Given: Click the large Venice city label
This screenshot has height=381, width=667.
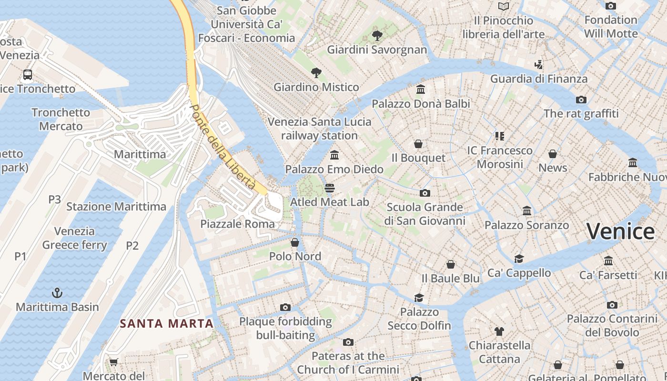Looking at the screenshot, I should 620,231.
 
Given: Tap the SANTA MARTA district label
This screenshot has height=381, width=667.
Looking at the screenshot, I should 166,324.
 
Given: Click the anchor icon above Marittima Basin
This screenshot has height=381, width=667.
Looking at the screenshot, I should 57,292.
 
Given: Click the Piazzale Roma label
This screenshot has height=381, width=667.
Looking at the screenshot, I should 237,224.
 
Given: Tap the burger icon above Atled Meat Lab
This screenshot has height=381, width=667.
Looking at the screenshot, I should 329,188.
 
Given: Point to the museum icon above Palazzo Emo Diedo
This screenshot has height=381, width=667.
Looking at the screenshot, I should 334,155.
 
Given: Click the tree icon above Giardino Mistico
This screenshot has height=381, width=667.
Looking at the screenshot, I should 316,73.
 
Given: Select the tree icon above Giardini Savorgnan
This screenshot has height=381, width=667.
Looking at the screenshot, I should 377,35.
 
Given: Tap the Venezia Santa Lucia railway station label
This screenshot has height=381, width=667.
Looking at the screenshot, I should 319,129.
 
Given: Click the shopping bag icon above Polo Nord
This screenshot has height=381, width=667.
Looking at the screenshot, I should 295,242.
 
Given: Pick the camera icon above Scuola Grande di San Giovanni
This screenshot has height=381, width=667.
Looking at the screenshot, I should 424,193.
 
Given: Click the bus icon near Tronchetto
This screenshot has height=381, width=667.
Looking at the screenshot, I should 28,75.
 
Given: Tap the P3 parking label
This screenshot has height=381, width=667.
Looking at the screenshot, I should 54,199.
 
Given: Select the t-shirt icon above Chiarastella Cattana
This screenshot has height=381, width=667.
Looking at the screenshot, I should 499,331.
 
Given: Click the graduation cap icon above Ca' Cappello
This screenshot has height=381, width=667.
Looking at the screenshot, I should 519,259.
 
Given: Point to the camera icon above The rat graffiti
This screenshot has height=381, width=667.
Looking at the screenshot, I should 581,100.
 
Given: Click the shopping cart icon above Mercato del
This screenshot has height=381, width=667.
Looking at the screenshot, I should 113,362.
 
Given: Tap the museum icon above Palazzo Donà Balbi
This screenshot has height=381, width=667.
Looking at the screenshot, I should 421,90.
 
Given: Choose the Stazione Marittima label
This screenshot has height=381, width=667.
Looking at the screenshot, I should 116,207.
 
